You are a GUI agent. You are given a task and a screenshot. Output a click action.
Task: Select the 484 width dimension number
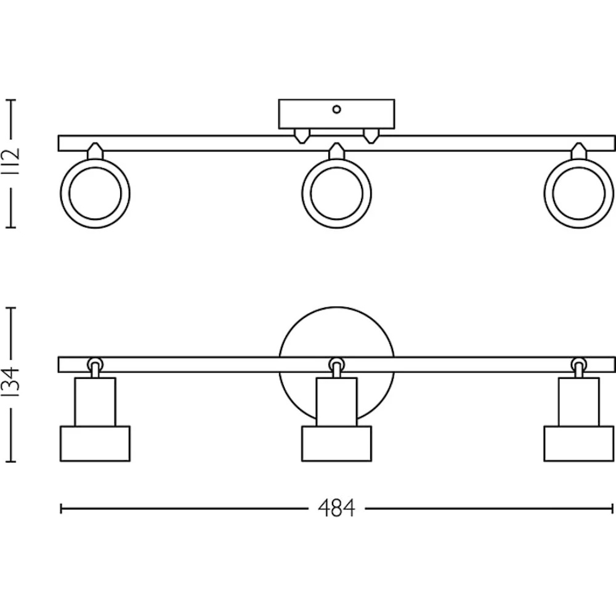click(x=337, y=508)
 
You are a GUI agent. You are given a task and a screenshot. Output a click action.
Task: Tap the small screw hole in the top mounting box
click(x=336, y=110)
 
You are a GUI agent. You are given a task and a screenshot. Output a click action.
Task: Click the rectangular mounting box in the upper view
click(x=336, y=115)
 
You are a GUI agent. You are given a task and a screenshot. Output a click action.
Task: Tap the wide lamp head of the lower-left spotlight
click(x=95, y=444)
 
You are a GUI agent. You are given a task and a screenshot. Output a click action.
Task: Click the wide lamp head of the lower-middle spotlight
click(x=336, y=444)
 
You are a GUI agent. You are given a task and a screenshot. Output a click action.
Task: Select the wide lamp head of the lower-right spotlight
click(x=578, y=444)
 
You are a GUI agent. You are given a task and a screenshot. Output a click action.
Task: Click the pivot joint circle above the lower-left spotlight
click(x=94, y=363)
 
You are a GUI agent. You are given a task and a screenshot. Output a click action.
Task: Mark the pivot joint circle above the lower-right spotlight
click(x=578, y=363)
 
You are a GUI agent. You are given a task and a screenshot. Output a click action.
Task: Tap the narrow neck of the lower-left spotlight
click(x=95, y=402)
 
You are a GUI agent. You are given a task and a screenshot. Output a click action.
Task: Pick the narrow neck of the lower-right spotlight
click(x=578, y=402)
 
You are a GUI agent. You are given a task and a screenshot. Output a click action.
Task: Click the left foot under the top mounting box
click(x=301, y=136)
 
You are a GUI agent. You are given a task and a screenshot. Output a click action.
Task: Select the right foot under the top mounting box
click(x=370, y=136)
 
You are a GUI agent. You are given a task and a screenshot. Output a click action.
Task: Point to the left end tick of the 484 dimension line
click(x=62, y=509)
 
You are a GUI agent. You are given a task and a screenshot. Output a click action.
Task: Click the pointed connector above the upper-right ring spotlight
click(x=578, y=151)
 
